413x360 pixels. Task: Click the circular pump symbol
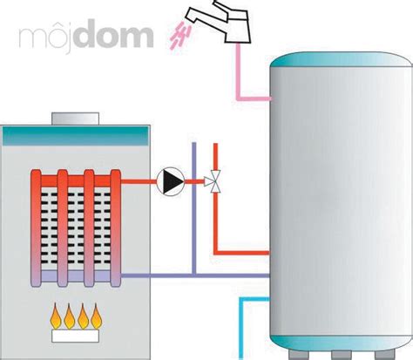[x=171, y=181]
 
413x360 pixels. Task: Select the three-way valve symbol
[x=213, y=181]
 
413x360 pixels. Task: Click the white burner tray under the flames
[x=76, y=336]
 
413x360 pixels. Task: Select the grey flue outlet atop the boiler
[x=76, y=119]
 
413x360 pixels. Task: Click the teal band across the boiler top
[x=76, y=136]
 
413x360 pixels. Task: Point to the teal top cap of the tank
[x=342, y=59]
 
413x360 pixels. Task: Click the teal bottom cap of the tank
[x=342, y=343]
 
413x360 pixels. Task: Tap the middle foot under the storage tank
[x=342, y=355]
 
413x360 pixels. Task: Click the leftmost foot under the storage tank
[x=299, y=355]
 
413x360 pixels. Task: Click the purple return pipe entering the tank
[x=195, y=275]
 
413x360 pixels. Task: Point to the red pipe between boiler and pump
[x=139, y=181]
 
